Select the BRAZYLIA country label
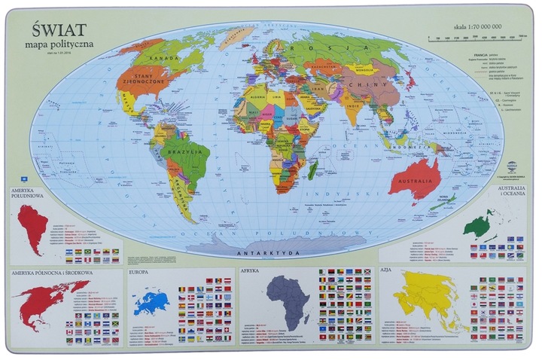point(188,151)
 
